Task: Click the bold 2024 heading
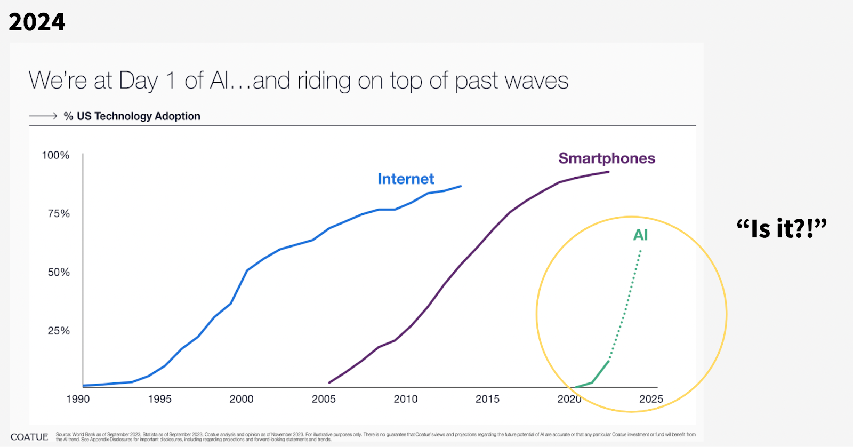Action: tap(37, 22)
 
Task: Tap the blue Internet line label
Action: tap(406, 179)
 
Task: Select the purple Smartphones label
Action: tap(607, 158)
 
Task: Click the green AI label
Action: tap(640, 235)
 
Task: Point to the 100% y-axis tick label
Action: tap(55, 155)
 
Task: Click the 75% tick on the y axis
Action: tap(59, 214)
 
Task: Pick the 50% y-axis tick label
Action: tap(59, 273)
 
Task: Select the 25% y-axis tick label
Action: tap(59, 331)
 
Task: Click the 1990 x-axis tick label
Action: tap(78, 399)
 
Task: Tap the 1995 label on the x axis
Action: tap(159, 399)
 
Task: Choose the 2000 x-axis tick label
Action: tap(242, 399)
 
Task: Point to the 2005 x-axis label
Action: tap(324, 399)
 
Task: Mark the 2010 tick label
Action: tap(405, 399)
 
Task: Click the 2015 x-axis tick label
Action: tap(487, 399)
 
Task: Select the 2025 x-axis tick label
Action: tap(651, 399)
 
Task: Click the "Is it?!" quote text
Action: tap(782, 228)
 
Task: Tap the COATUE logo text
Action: tap(29, 437)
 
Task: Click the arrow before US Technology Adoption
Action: tap(43, 116)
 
